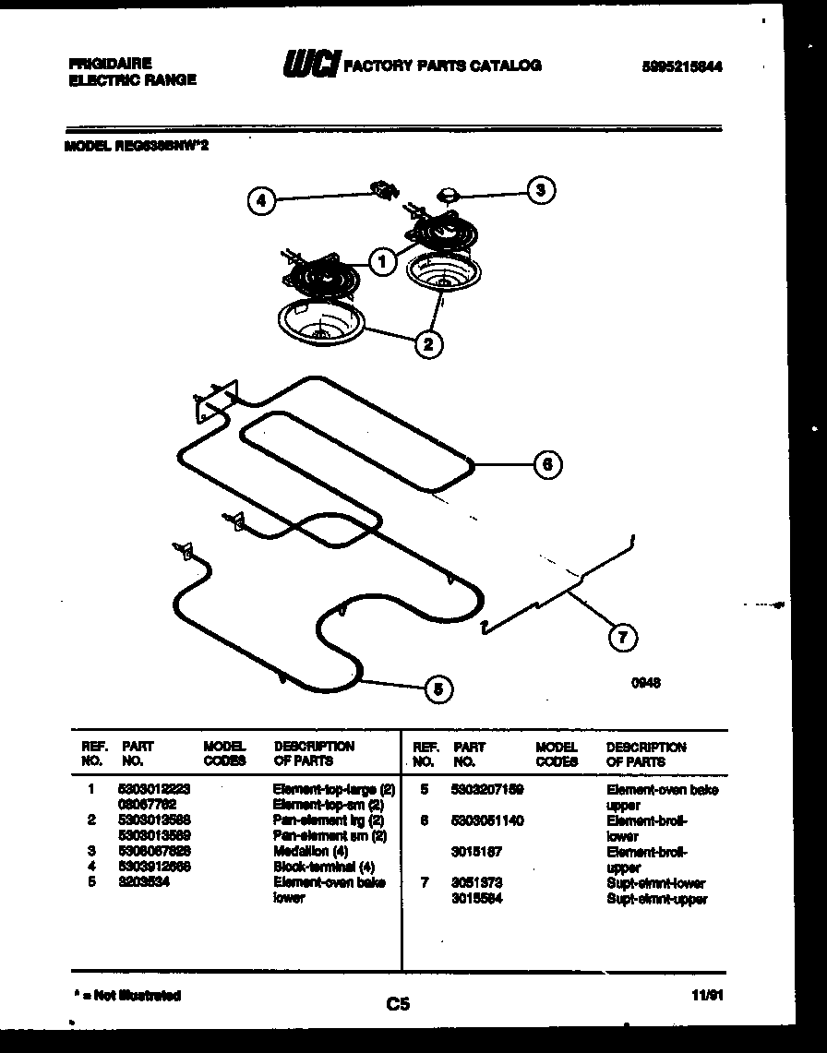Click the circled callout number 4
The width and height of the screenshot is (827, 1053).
pyautogui.click(x=263, y=200)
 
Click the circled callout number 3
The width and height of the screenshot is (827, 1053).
pyautogui.click(x=542, y=190)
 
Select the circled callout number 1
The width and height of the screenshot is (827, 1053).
pyautogui.click(x=381, y=261)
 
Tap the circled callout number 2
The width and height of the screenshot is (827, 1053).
pyautogui.click(x=427, y=344)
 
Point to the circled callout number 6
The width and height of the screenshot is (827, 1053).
pyautogui.click(x=547, y=464)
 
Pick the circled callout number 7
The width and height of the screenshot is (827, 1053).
pyautogui.click(x=622, y=636)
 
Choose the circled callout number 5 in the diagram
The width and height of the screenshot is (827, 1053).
pyautogui.click(x=439, y=688)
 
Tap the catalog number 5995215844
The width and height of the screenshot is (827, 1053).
pyautogui.click(x=680, y=66)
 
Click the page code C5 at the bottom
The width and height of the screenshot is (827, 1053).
pyautogui.click(x=398, y=1004)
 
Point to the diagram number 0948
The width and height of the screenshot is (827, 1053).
pyautogui.click(x=647, y=684)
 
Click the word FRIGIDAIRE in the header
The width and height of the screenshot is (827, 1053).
pyautogui.click(x=110, y=64)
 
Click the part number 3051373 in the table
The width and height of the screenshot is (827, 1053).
pyautogui.click(x=477, y=883)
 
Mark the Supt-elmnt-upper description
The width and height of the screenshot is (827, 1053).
pyautogui.click(x=655, y=899)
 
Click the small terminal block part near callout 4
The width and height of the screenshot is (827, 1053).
pyautogui.click(x=382, y=190)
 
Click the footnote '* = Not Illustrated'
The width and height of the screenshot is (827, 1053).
pyautogui.click(x=126, y=996)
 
